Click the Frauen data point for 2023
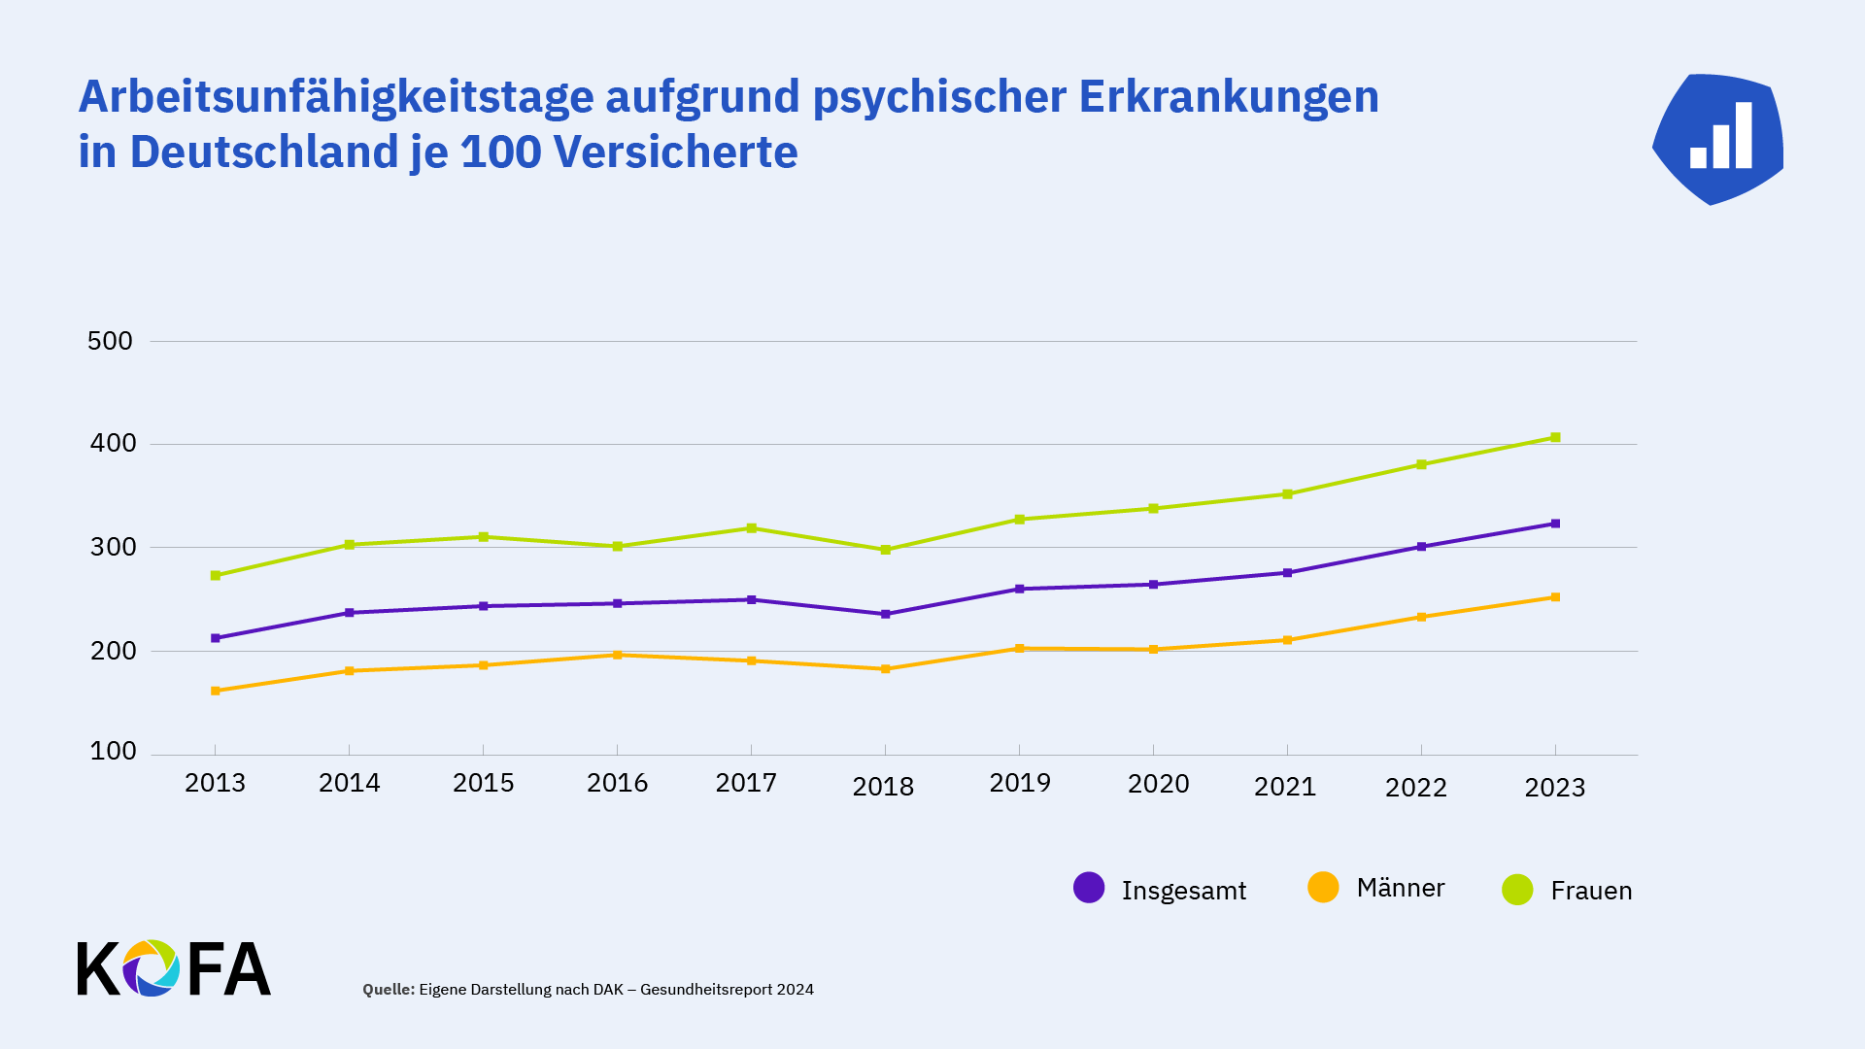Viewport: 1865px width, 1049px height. (1555, 438)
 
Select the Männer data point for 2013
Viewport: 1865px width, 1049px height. (216, 692)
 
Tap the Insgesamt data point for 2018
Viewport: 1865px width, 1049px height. (885, 615)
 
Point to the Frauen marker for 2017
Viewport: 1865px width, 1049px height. (751, 528)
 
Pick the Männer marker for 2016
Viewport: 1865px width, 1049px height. (618, 656)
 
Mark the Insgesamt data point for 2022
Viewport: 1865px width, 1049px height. (1421, 547)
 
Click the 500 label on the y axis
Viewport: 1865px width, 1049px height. (110, 341)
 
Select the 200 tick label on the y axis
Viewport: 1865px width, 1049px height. (113, 651)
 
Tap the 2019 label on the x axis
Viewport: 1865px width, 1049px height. (1020, 783)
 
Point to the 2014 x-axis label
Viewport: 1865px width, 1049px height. (350, 783)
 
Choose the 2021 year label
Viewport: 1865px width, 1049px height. (1285, 787)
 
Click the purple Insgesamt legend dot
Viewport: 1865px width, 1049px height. (1089, 888)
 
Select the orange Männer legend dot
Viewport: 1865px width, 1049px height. (1323, 887)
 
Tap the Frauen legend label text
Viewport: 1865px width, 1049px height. (1591, 891)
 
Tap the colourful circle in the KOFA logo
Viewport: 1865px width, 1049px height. (151, 968)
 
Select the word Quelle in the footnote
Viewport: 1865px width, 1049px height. (388, 990)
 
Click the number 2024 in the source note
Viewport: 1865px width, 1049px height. (796, 990)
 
